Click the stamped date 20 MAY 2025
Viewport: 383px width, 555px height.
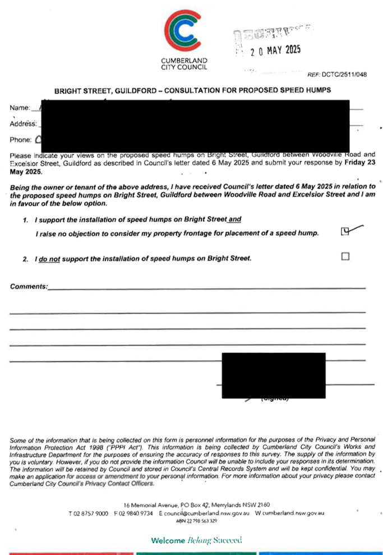(x=276, y=51)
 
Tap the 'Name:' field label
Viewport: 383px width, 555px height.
(x=20, y=107)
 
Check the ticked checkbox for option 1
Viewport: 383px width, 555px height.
(x=345, y=231)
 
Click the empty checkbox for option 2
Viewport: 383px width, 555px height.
(x=345, y=256)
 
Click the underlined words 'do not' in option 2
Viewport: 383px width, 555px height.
(x=49, y=259)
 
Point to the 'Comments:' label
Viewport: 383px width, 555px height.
(x=28, y=287)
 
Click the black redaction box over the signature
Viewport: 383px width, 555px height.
(x=274, y=375)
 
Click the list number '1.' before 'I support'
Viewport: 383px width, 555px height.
(x=26, y=219)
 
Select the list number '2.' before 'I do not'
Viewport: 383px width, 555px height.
(x=26, y=259)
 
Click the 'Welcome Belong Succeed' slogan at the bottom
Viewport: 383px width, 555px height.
(x=196, y=540)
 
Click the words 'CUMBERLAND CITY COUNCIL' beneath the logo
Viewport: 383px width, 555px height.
(x=183, y=63)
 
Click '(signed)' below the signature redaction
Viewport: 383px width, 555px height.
(x=275, y=400)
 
